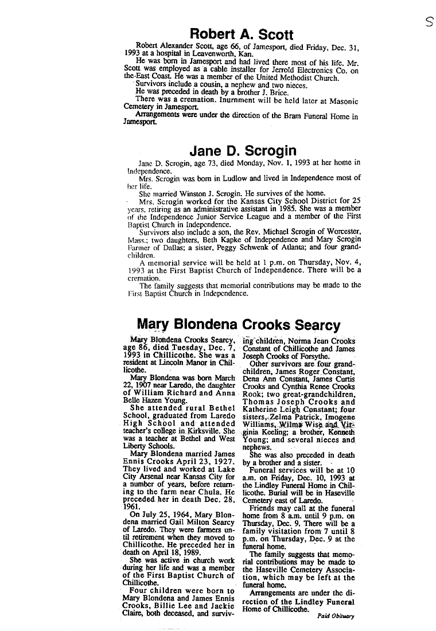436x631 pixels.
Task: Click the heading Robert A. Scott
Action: click(242, 34)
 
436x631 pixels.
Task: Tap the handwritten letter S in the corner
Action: click(428, 24)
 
